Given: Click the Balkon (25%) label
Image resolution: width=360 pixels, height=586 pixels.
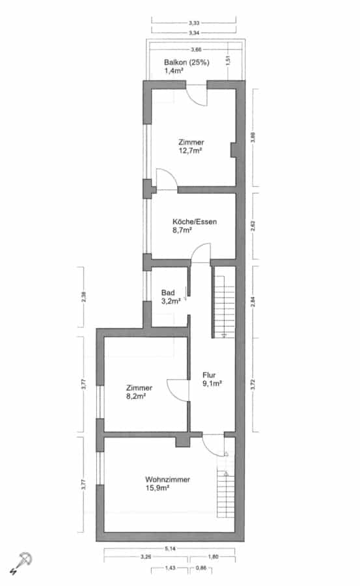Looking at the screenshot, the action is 187,63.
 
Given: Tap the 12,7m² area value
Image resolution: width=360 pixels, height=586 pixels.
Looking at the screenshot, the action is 190,150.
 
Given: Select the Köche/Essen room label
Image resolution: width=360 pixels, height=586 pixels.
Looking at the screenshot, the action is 195,221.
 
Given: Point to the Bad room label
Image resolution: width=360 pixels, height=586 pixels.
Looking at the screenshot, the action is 168,292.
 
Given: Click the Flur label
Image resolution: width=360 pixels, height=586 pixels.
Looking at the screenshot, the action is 209,375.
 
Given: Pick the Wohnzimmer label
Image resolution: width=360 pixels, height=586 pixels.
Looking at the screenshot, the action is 167,479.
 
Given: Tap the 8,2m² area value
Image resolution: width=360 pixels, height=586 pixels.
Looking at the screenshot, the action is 136,397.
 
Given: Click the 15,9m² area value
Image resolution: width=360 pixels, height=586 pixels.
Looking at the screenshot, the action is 158,488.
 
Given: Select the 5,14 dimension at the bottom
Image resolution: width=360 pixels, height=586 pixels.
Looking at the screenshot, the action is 170,549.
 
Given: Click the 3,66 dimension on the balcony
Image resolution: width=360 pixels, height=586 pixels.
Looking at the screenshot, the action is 196,49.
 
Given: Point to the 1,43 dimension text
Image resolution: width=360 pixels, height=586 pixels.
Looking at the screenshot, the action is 170,568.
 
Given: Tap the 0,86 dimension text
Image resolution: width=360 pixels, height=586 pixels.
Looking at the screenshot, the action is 201,568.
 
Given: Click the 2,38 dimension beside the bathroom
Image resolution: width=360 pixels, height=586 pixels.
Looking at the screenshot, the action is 84,297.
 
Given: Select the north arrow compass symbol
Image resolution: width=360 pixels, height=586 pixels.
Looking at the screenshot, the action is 21,563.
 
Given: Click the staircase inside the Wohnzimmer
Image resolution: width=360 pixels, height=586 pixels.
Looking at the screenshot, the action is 226,494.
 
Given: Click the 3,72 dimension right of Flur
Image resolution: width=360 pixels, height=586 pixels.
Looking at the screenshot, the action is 253,385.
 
